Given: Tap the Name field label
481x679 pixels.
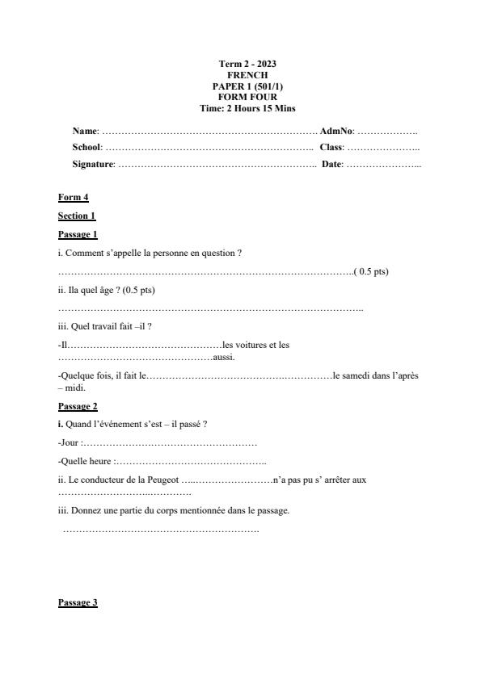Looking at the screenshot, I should (85, 131).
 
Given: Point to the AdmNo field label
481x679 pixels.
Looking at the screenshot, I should (335, 131).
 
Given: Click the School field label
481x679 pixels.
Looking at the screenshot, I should (86, 147).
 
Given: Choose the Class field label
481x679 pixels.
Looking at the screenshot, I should (331, 147).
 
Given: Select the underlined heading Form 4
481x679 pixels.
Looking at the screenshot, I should (73, 197).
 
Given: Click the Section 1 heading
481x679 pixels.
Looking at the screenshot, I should (77, 216).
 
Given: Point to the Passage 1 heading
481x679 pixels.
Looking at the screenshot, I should (78, 234).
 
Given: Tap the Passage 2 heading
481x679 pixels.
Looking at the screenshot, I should (78, 406).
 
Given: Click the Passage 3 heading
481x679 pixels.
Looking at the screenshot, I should (78, 602).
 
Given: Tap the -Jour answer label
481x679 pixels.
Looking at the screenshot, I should (70, 442).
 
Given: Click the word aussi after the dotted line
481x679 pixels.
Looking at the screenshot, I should (223, 357).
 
